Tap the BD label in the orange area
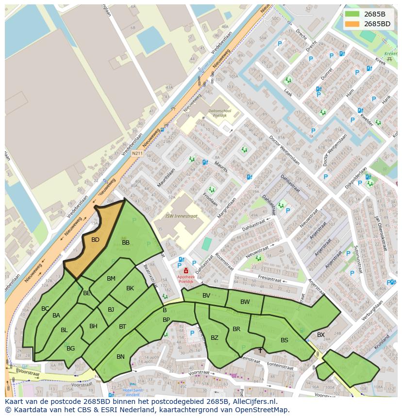coord(95,240)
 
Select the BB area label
coord(126,243)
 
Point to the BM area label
coord(111,279)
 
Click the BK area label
coord(130,288)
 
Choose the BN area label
coord(120,357)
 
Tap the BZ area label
coord(214,338)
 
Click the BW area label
coord(245,302)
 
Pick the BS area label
coord(285,340)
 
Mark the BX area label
coord(320,335)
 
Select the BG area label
coord(71,349)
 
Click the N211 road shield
coord(137,153)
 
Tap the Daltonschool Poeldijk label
coord(219,113)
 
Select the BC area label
coord(45,309)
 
